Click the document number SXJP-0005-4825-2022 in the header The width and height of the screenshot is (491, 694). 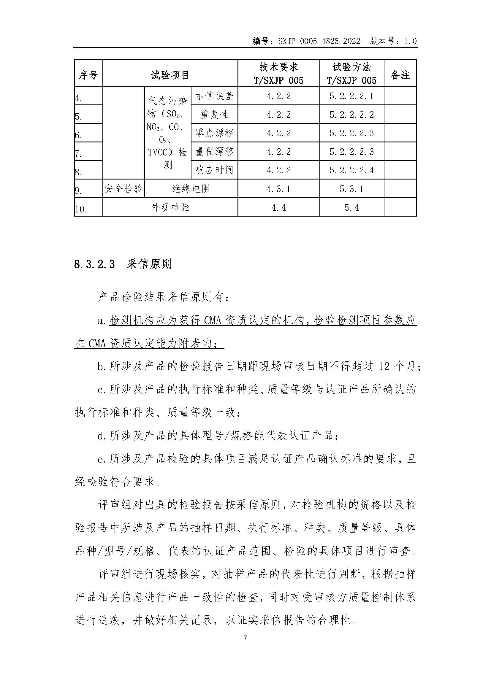(319, 42)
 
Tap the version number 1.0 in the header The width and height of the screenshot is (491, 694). (410, 42)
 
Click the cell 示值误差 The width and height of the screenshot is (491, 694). (214, 96)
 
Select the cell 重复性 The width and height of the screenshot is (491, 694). (214, 114)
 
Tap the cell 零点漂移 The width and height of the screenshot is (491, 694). (214, 133)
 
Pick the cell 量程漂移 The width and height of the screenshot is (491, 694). (214, 151)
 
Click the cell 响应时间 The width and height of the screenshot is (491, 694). (214, 170)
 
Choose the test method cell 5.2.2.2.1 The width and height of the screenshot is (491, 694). (351, 96)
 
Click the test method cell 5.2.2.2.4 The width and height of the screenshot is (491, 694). (351, 170)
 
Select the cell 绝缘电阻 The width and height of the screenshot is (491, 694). (191, 189)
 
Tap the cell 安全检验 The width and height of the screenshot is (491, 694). (123, 189)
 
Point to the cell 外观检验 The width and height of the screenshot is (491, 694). (170, 207)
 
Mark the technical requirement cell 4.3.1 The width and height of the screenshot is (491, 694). (278, 189)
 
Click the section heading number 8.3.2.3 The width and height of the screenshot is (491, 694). (94, 264)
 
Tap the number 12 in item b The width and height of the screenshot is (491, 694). (384, 366)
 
